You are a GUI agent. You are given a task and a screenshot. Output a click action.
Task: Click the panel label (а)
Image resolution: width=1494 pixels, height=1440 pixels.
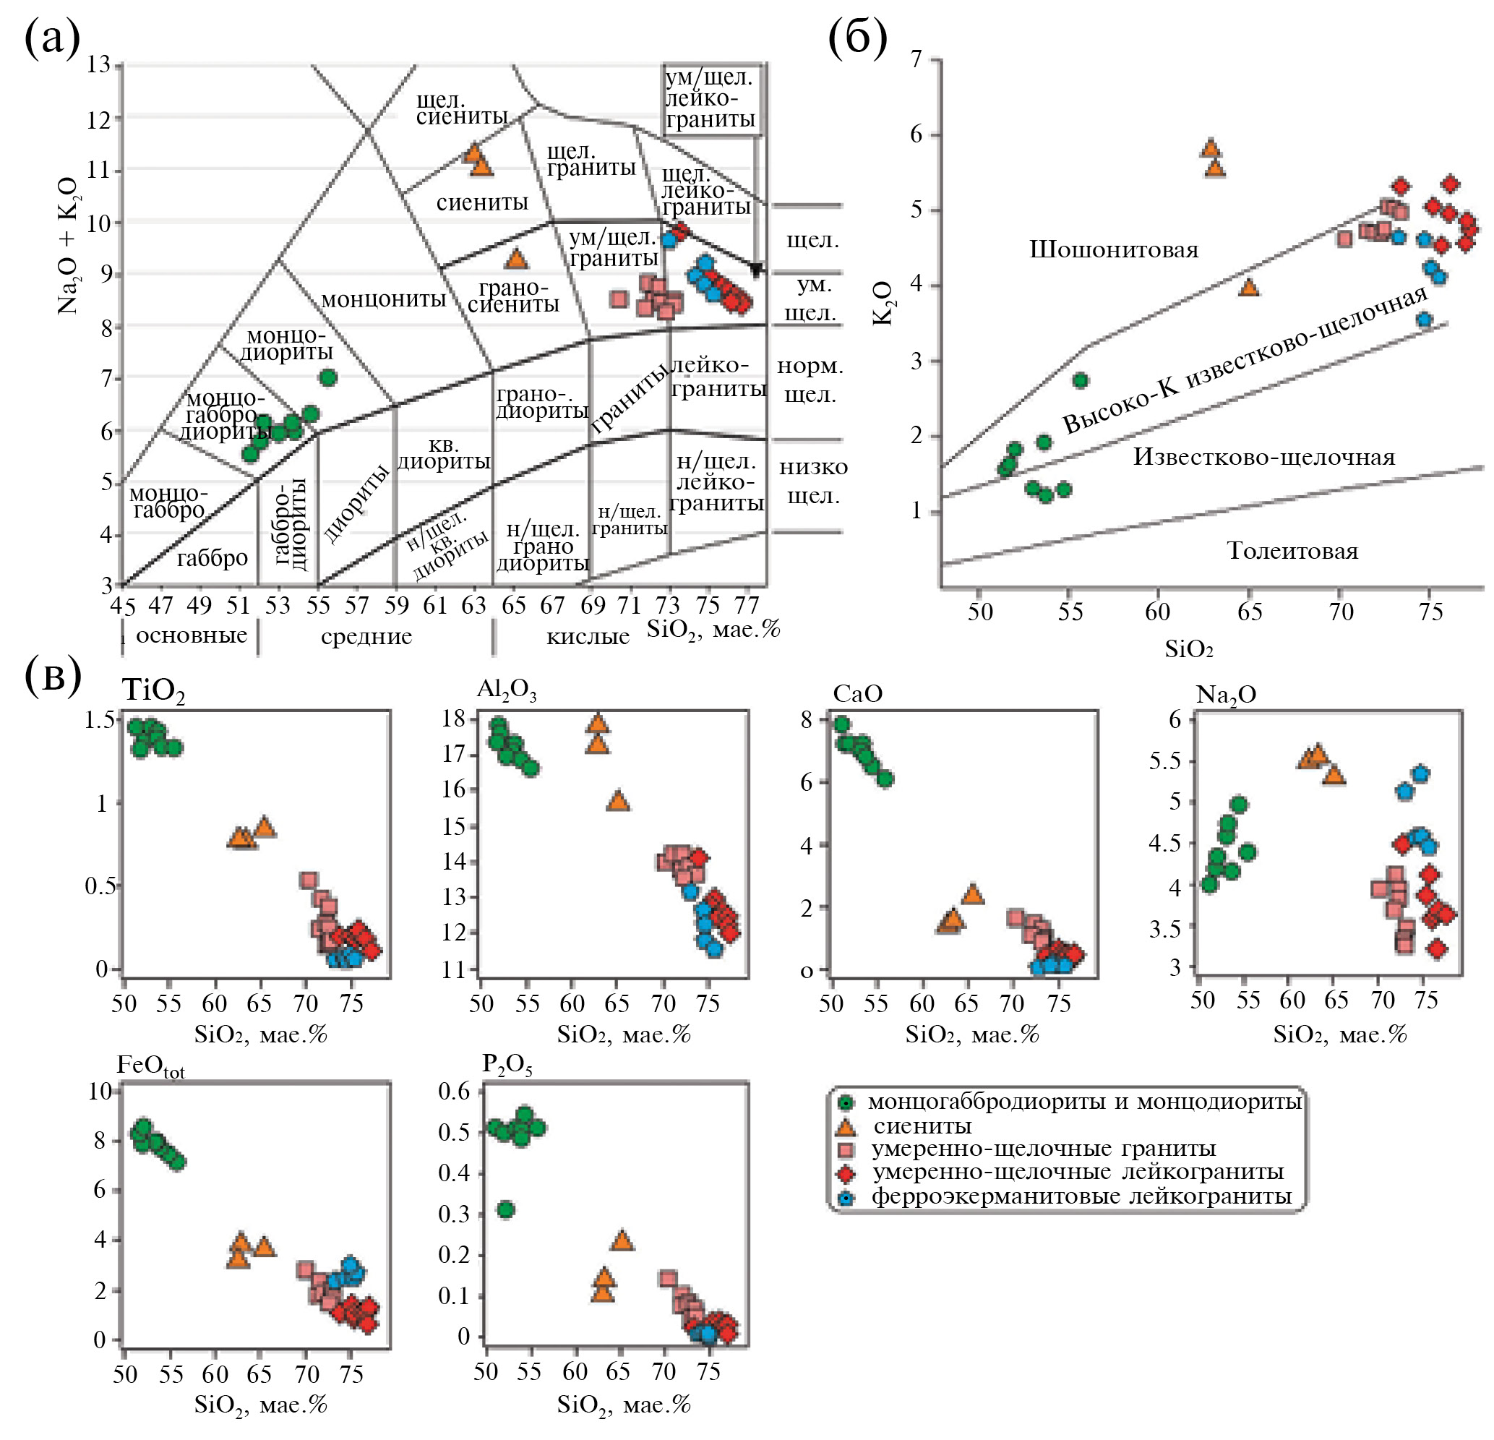coord(52,38)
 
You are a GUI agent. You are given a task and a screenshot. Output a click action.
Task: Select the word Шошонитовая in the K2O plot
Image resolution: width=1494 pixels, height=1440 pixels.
coord(1114,250)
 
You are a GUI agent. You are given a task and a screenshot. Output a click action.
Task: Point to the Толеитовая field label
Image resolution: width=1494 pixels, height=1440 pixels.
coord(1292,550)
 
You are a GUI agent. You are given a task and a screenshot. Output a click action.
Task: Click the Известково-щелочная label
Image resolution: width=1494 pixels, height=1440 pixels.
coord(1264,457)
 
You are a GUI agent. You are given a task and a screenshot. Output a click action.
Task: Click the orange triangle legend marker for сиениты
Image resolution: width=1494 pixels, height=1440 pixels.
coord(846,1127)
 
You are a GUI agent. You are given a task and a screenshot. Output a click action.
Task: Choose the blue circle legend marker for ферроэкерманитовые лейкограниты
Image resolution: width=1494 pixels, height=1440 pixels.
coord(846,1198)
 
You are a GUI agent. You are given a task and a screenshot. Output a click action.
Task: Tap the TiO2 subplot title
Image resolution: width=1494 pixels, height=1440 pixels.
coord(153,690)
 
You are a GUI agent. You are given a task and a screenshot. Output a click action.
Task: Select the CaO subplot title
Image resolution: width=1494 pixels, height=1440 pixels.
coord(857,694)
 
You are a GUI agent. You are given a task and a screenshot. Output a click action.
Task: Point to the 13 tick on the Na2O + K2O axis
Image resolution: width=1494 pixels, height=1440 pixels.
coord(98,65)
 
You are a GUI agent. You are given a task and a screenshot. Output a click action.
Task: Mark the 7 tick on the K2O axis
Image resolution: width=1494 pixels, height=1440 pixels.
coord(916,59)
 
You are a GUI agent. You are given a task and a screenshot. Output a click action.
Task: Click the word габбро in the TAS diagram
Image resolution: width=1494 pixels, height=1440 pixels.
coord(212,559)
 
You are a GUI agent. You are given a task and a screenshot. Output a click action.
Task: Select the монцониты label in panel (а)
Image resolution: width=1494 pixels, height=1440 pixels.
coord(383,299)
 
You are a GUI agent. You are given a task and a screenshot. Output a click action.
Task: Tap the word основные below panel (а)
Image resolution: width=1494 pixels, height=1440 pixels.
coord(192,635)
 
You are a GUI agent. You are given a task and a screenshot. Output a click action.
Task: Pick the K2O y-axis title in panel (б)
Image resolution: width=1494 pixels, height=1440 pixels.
coord(883,304)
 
